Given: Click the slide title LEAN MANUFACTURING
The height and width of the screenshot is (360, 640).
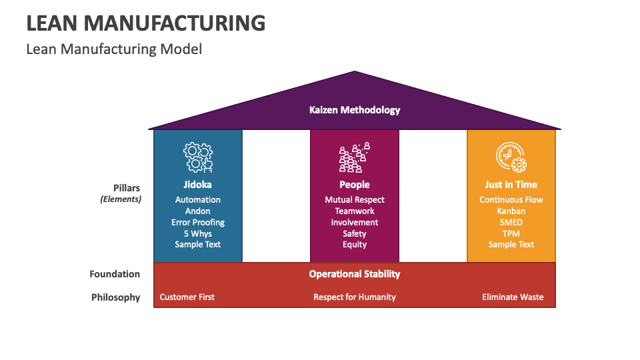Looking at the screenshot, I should click(x=145, y=23).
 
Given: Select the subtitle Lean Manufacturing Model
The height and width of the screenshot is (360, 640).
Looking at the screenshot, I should click(x=114, y=49).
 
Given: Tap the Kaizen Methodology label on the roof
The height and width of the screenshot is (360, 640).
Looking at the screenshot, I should click(x=355, y=110).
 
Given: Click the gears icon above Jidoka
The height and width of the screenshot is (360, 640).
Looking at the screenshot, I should click(x=198, y=157).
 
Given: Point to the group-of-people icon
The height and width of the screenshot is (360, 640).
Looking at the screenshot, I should click(x=355, y=157).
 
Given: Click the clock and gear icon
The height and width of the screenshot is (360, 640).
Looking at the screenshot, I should click(x=511, y=157).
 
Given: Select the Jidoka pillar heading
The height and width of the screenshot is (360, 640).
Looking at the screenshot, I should click(x=198, y=185).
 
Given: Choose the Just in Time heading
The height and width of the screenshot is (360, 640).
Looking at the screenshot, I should click(x=511, y=185).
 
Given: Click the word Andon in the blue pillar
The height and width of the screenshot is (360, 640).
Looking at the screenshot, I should click(x=198, y=211).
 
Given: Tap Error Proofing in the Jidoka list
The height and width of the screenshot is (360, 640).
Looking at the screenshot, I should click(x=198, y=223).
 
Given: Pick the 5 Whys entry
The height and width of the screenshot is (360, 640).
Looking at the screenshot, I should click(x=198, y=234).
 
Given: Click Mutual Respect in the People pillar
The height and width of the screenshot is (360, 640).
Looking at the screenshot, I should click(x=355, y=200).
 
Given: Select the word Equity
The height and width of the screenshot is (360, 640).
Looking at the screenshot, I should click(x=355, y=245).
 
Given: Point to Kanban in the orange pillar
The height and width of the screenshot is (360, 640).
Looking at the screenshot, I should click(x=511, y=211).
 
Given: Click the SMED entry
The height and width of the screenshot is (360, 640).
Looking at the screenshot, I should click(x=511, y=223).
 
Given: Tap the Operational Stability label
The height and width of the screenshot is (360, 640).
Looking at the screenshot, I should click(x=355, y=274).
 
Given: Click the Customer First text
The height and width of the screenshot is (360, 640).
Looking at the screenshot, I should click(x=187, y=297).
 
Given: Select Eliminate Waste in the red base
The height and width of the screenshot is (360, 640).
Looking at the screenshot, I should click(x=513, y=297).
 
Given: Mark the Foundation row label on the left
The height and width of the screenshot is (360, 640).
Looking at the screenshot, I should click(x=115, y=274).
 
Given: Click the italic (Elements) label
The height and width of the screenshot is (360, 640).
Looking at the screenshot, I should click(x=121, y=199).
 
